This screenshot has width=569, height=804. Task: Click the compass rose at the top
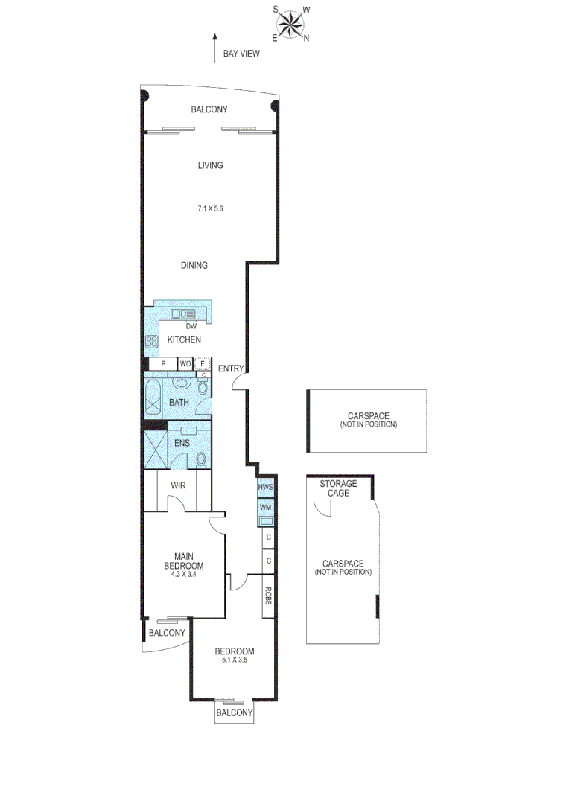point(291,23)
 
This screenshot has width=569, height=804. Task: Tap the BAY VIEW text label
point(242,54)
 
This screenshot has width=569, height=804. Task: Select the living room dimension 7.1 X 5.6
point(210,209)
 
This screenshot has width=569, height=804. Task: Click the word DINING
point(194,266)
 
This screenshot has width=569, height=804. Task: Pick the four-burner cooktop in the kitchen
point(151,342)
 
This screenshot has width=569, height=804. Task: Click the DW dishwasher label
point(191,326)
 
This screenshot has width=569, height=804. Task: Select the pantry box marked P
point(162,363)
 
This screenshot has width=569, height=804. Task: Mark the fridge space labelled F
point(201,363)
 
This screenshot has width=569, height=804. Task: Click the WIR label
point(178,485)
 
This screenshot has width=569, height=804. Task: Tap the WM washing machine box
point(266,508)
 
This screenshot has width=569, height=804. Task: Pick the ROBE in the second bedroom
point(267,596)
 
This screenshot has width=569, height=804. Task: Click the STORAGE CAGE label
point(338,488)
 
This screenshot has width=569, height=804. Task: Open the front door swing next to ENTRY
point(239,382)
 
